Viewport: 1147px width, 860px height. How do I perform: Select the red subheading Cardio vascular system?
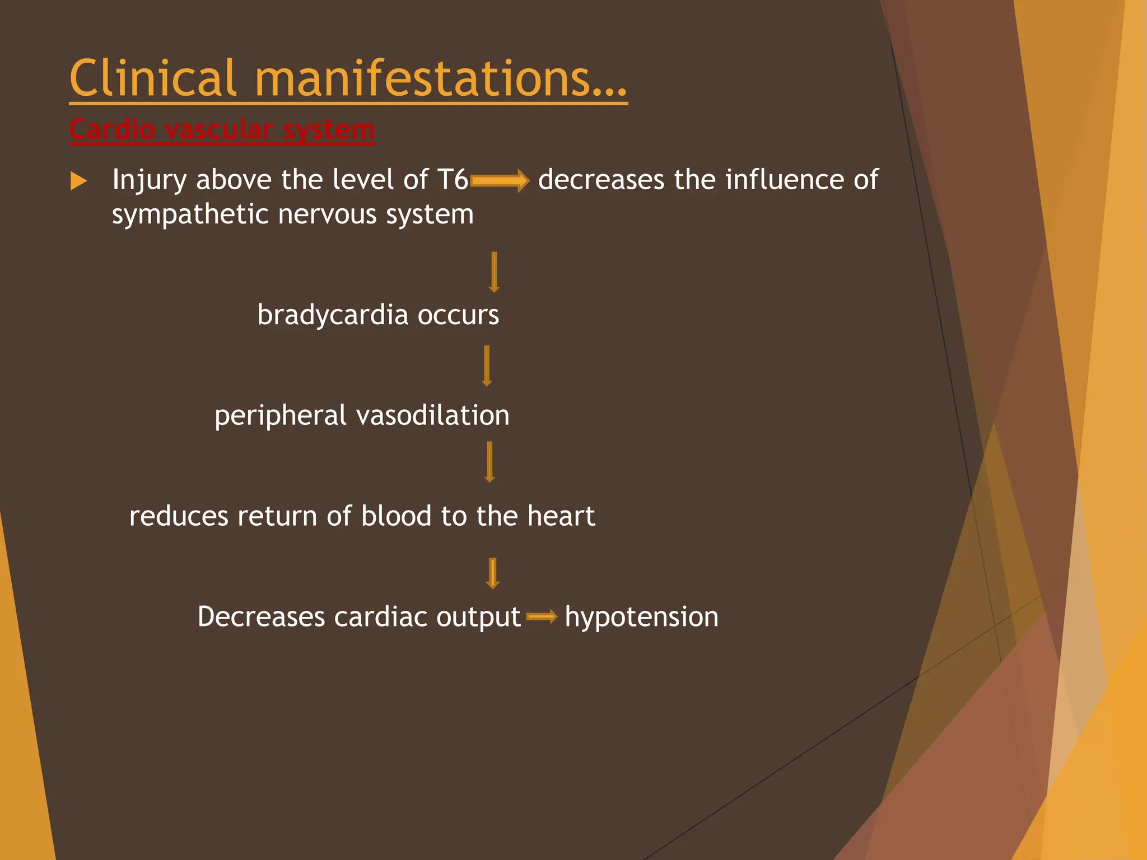click(x=222, y=130)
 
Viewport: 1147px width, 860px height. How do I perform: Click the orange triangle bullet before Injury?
click(x=78, y=181)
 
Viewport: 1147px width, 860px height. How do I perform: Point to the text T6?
click(x=453, y=180)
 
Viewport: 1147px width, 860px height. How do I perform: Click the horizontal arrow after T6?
click(x=500, y=181)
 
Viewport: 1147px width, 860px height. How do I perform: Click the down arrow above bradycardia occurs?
click(x=493, y=273)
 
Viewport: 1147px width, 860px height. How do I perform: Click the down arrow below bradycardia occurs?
click(x=486, y=366)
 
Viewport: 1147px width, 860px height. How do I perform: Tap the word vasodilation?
click(x=432, y=415)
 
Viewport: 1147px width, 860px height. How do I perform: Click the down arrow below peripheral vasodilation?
click(x=489, y=462)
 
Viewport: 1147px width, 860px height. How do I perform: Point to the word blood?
click(x=396, y=516)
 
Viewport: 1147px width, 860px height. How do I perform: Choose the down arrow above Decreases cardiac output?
click(x=492, y=573)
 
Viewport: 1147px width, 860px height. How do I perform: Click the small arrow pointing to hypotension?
click(x=542, y=617)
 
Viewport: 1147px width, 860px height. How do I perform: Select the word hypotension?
click(x=641, y=618)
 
